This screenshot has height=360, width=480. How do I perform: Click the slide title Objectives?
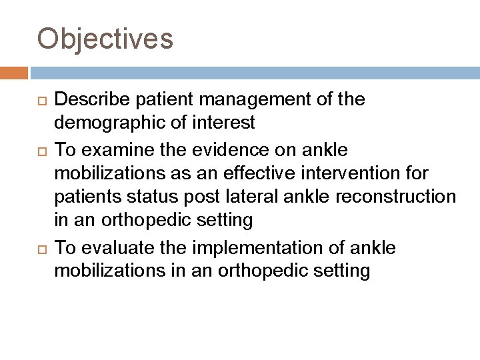coord(105,39)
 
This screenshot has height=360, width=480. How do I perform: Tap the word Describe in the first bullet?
coord(89,100)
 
